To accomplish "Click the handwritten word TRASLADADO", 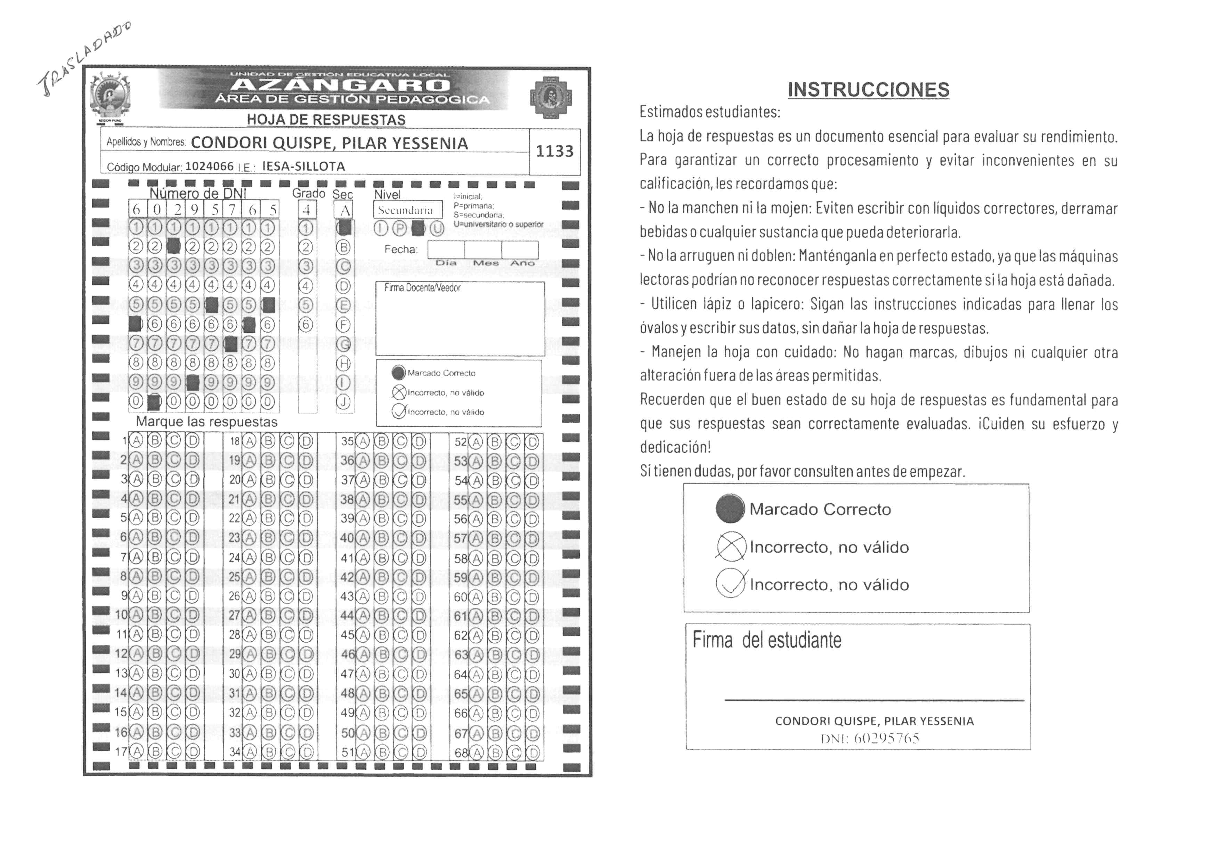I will point(85,59).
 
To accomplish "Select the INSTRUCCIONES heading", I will point(869,90).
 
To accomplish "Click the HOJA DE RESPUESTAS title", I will point(326,120).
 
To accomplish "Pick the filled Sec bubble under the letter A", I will point(344,228).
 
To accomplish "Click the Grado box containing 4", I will point(306,210).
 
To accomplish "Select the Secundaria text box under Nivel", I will point(407,210).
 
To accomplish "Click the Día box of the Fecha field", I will point(446,250).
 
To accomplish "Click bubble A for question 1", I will point(137,440).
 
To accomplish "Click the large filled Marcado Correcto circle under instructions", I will point(730,509).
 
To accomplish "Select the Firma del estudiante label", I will point(767,641).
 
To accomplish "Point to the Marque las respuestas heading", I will point(206,422).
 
